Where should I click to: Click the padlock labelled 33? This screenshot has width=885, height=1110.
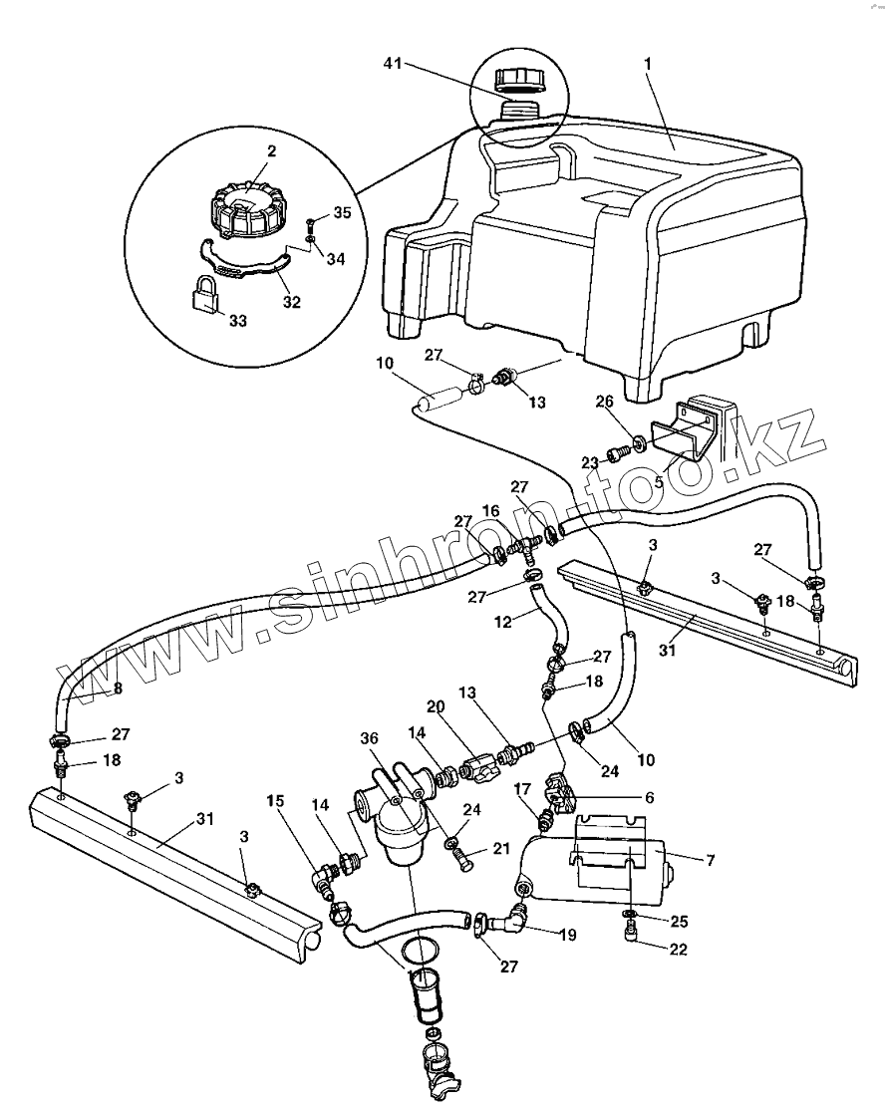205,296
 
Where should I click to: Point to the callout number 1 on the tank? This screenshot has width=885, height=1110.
648,63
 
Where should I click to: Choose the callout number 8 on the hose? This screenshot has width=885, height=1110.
118,687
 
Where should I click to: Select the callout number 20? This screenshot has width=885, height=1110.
435,705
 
